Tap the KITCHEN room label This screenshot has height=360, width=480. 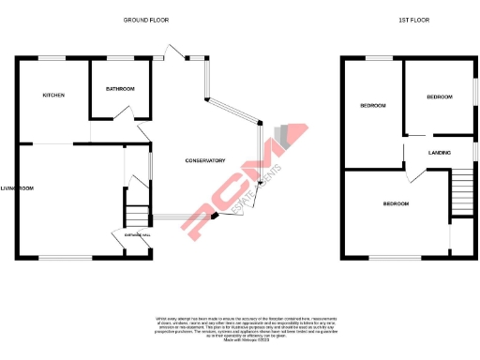pos(52,96)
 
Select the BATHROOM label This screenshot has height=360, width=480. pos(120,89)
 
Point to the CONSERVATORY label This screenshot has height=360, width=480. pos(205,160)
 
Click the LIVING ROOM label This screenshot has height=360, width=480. pos(18,189)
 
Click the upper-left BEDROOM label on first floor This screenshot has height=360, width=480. pos(373,106)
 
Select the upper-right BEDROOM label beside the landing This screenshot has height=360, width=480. pos(439,97)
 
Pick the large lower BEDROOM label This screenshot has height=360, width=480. pos(396,203)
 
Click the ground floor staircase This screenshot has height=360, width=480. pos(137,213)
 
